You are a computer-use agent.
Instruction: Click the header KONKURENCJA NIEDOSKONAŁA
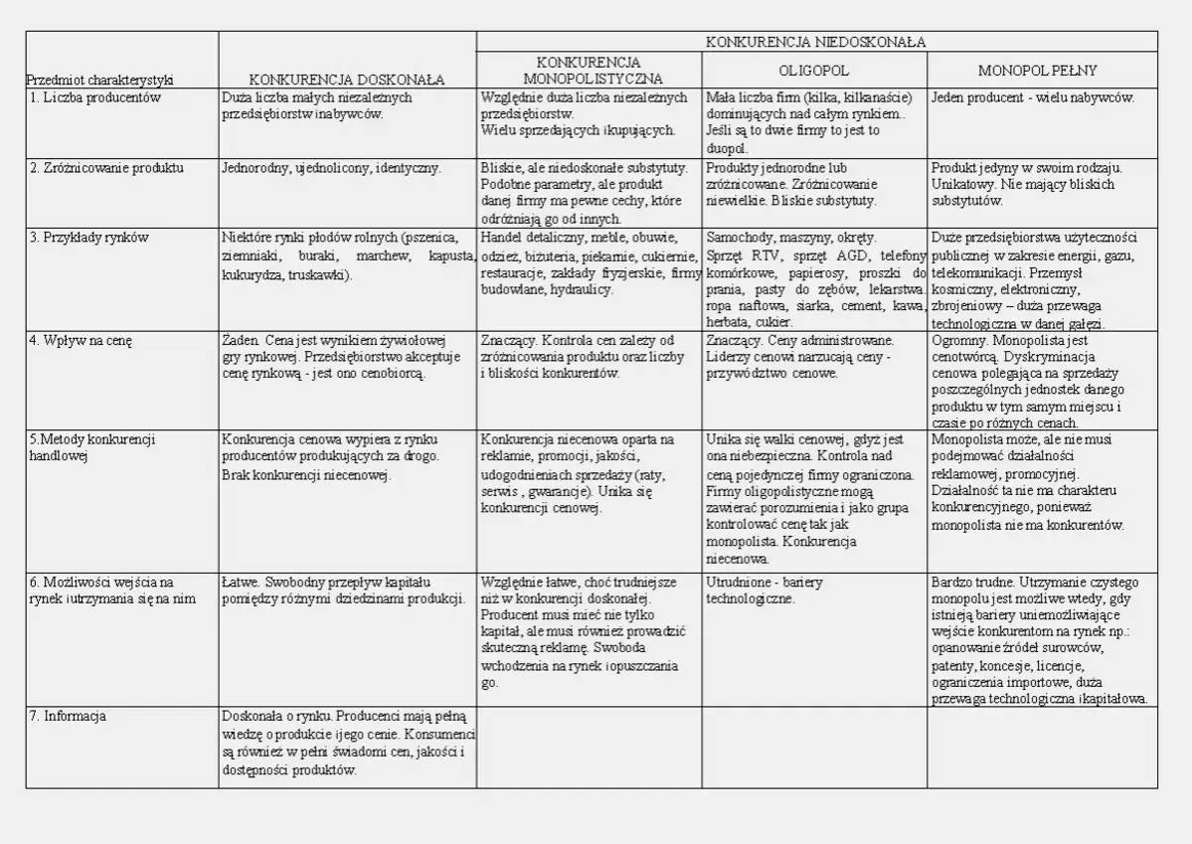(x=815, y=42)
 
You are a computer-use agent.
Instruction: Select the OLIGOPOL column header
(x=813, y=72)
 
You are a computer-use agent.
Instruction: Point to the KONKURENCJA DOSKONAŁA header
(x=346, y=79)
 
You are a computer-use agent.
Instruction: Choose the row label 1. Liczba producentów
(x=95, y=98)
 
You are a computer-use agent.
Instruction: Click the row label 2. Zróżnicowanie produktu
(x=106, y=168)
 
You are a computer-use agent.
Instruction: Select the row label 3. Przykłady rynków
(x=89, y=238)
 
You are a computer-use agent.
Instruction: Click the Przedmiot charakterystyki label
(x=99, y=79)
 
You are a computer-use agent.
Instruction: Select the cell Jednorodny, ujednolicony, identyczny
(x=331, y=168)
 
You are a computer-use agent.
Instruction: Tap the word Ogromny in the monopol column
(x=955, y=340)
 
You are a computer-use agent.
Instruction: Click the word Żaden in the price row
(x=240, y=340)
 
